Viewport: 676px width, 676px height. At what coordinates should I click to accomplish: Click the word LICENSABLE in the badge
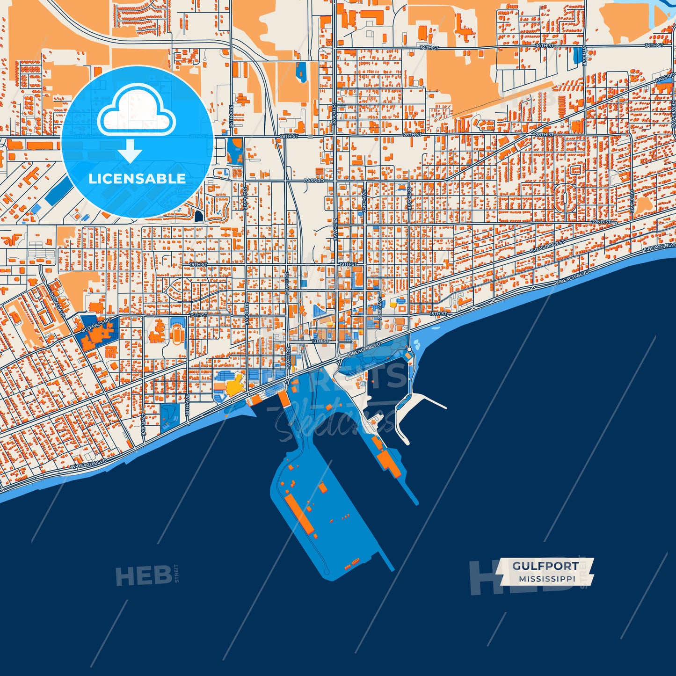pos(137,178)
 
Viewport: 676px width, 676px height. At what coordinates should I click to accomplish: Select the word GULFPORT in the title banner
pos(545,566)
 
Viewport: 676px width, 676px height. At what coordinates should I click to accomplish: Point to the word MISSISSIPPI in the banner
pos(547,579)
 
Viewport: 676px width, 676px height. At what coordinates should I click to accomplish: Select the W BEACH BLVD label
pos(88,464)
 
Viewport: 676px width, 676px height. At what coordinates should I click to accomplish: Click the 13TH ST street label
pos(320,341)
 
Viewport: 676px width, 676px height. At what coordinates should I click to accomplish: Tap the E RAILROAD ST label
pos(548,247)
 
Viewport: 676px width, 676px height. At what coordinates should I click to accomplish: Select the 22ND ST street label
pos(601,222)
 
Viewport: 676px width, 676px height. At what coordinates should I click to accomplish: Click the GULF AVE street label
pos(631,201)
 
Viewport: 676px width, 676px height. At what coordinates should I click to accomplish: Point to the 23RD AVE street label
pos(364,202)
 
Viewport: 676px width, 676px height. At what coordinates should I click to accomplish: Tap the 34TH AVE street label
pos(231,116)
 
